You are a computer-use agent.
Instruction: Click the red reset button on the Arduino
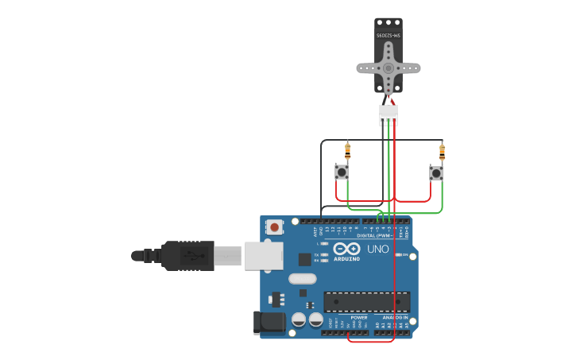(x=274, y=227)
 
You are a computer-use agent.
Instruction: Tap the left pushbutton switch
(x=342, y=172)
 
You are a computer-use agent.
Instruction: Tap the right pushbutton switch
(x=436, y=172)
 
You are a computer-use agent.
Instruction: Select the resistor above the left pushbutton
(x=347, y=149)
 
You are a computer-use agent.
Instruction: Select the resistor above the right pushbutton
(x=442, y=150)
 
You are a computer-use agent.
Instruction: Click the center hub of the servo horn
(x=389, y=68)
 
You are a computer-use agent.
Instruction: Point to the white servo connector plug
(x=389, y=114)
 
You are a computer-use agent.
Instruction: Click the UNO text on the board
(x=378, y=249)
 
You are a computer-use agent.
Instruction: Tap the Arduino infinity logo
(x=346, y=248)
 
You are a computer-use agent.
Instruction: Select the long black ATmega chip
(x=367, y=302)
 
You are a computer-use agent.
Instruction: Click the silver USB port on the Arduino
(x=263, y=256)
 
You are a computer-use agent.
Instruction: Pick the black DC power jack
(x=269, y=322)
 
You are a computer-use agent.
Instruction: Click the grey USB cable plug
(x=227, y=256)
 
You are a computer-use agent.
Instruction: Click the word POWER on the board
(x=359, y=317)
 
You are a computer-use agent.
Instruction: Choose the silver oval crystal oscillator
(x=302, y=278)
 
